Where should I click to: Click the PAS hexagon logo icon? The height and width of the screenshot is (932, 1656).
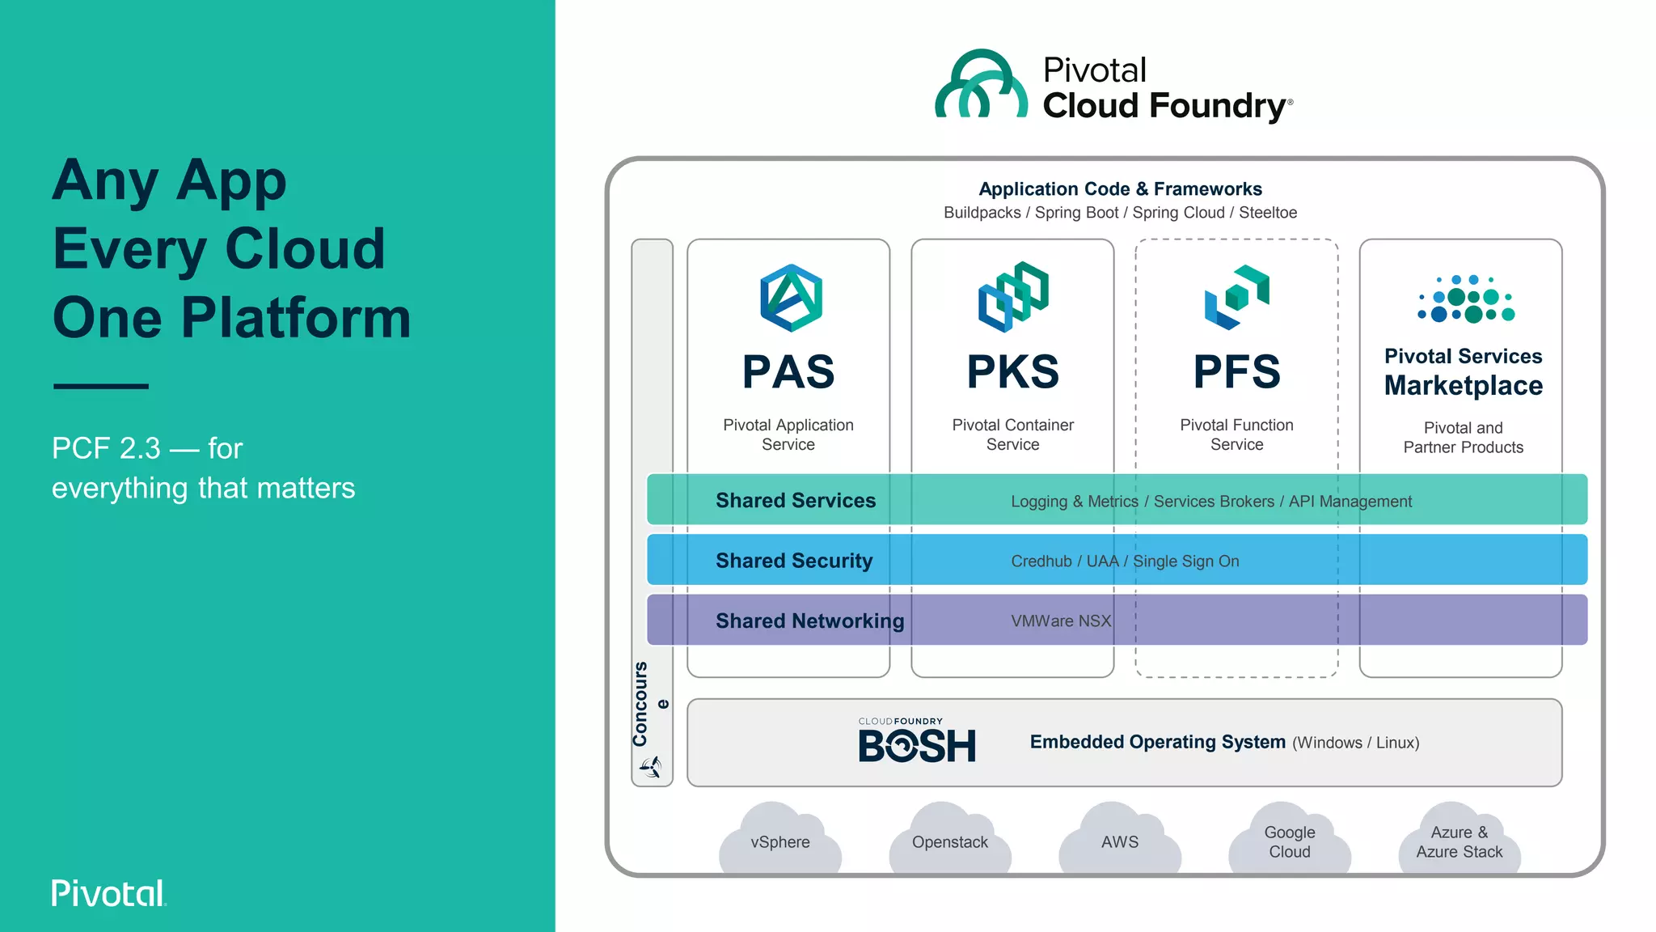click(791, 298)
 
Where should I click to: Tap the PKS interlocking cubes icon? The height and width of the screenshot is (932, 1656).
click(1013, 296)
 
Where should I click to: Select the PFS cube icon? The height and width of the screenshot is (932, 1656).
click(1237, 297)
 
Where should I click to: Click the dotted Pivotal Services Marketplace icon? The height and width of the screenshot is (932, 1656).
click(1465, 299)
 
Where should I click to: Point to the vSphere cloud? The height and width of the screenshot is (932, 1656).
click(780, 841)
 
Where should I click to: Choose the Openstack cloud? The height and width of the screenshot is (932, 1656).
click(950, 841)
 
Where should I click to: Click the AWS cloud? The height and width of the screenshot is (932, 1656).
click(1120, 841)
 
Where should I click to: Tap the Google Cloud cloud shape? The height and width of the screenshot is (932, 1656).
click(1290, 841)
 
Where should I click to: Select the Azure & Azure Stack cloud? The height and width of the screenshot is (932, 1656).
click(1460, 841)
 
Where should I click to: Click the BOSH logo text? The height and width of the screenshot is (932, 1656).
click(917, 745)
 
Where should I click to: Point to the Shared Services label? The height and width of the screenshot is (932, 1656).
click(796, 501)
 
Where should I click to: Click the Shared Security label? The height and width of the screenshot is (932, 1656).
click(794, 561)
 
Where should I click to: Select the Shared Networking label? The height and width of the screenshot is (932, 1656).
click(809, 621)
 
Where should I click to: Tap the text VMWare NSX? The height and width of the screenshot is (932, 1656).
click(1061, 621)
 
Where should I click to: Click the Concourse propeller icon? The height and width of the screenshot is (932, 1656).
click(652, 766)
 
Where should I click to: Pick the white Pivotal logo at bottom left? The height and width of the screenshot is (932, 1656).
click(108, 893)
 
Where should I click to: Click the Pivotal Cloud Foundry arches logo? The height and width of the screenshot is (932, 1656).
click(981, 84)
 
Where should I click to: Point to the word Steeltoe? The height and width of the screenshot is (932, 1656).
click(1268, 213)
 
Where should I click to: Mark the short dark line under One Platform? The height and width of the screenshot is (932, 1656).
click(101, 386)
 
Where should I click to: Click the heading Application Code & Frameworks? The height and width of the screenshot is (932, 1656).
click(1120, 189)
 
